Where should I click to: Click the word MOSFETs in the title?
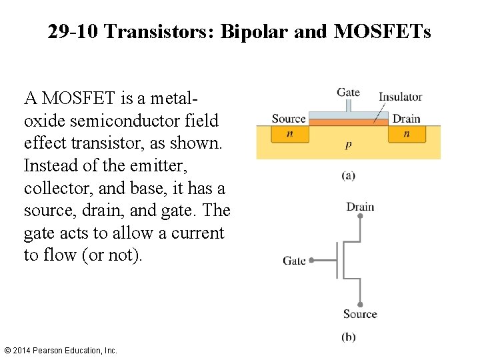(381, 31)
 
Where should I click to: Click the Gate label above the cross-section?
(348, 93)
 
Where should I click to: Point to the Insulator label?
(400, 97)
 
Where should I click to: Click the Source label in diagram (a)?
(289, 119)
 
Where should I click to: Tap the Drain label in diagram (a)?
(406, 119)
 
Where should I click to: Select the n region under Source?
(289, 133)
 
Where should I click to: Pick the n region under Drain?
(406, 133)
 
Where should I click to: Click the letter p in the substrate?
(349, 145)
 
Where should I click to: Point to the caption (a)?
(348, 176)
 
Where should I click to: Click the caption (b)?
(348, 337)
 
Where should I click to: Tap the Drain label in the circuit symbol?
(360, 207)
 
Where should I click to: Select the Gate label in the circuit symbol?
(294, 261)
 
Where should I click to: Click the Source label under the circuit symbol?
(360, 314)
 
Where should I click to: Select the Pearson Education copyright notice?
(60, 350)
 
